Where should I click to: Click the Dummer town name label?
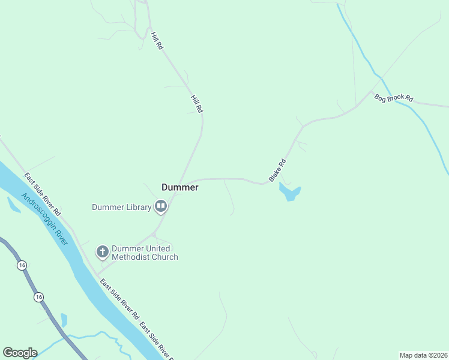click(x=180, y=187)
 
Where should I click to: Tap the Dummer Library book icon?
click(x=160, y=207)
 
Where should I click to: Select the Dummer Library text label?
click(x=121, y=208)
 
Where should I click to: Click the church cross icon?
click(x=103, y=252)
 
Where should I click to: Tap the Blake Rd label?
click(x=277, y=170)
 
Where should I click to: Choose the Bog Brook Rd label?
click(x=394, y=98)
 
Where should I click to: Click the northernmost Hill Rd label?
click(x=157, y=41)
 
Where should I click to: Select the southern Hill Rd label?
click(x=197, y=104)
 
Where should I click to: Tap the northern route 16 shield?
click(x=22, y=265)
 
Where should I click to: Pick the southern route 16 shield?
click(x=39, y=297)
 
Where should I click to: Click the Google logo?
click(x=20, y=353)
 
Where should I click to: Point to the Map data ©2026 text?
click(x=423, y=355)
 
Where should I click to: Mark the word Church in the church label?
click(x=164, y=257)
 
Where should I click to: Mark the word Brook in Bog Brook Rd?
click(x=396, y=98)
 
